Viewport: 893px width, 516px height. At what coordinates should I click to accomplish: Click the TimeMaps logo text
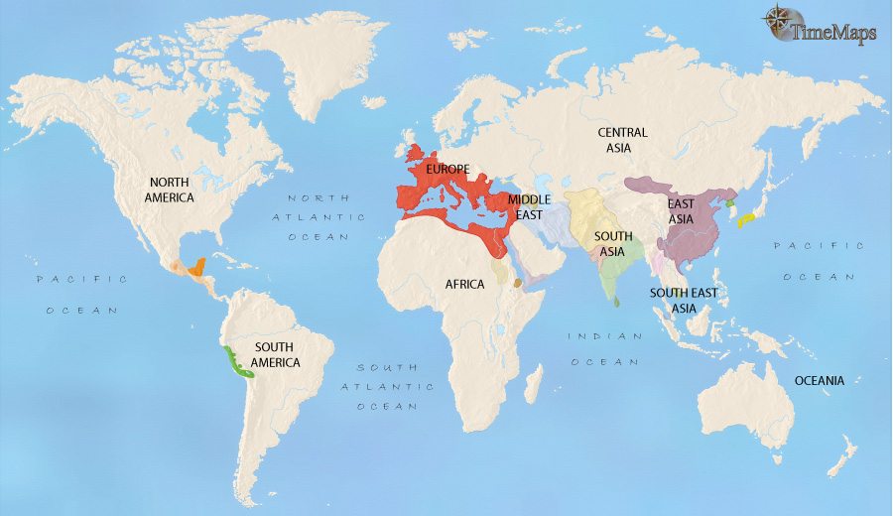point(833,33)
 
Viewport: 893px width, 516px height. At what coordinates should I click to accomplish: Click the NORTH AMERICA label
point(172,190)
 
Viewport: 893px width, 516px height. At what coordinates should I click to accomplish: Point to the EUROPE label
point(446,171)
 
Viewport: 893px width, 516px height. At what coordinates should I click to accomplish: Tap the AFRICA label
point(464,285)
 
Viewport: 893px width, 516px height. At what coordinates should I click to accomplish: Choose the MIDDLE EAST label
point(529,206)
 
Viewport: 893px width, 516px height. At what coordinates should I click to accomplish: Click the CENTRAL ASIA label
point(622,140)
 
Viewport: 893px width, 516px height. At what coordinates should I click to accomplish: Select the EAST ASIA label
point(681,211)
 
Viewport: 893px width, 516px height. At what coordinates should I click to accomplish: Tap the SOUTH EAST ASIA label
point(684,300)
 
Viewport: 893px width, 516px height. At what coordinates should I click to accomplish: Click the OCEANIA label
point(819,381)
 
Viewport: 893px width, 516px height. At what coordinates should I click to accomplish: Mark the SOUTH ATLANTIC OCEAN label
point(388,386)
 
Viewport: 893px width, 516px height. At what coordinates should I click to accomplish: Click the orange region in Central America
point(198,266)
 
